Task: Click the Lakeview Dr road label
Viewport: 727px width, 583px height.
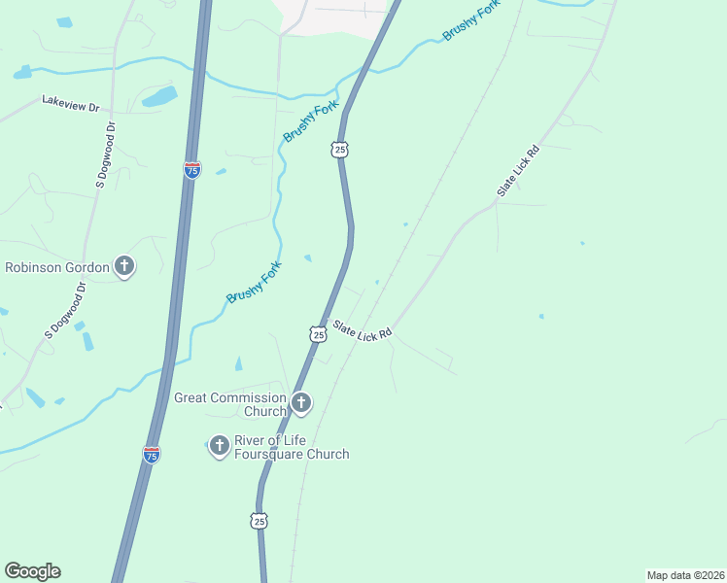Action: tap(71, 101)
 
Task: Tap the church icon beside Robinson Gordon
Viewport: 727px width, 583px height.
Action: tap(124, 266)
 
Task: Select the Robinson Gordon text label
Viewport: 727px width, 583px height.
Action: tap(57, 267)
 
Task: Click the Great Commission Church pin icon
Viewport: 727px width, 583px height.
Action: tap(301, 402)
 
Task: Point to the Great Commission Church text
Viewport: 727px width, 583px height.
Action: tap(230, 404)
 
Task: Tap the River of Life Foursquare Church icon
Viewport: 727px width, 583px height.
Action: tap(220, 446)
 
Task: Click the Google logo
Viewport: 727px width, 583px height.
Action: tap(32, 571)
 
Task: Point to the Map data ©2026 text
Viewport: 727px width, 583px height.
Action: tap(684, 575)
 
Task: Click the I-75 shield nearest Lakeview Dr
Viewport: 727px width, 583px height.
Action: tap(192, 170)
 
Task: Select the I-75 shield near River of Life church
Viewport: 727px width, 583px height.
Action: tap(151, 454)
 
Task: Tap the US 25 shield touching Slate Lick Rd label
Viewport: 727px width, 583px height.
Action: tap(318, 334)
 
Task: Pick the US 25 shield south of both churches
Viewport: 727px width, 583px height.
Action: tap(259, 522)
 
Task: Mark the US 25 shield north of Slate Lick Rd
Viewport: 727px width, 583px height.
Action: tap(338, 149)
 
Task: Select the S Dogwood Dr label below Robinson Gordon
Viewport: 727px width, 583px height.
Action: tap(66, 310)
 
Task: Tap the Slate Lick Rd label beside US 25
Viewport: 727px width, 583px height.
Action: tap(362, 329)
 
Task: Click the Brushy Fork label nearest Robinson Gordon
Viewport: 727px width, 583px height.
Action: tap(254, 282)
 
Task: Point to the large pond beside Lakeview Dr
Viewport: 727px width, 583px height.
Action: tap(160, 96)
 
